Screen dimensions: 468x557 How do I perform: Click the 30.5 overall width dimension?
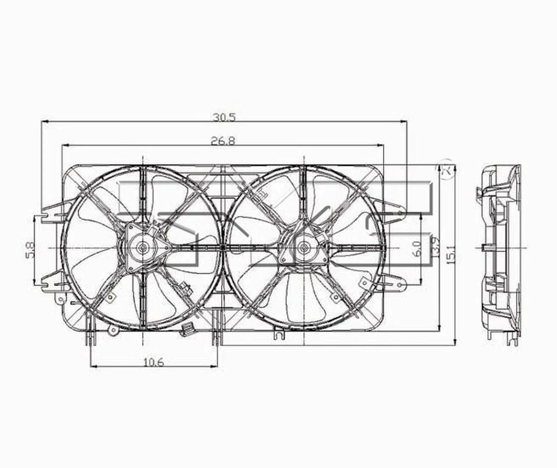coord(223,117)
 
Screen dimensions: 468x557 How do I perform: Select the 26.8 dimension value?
coord(223,141)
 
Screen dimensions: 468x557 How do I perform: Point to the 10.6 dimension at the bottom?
coord(153,362)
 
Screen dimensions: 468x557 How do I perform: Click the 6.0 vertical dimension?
coord(416,249)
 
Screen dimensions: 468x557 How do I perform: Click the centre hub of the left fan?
coord(142,248)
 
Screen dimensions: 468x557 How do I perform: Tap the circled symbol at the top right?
coord(446,168)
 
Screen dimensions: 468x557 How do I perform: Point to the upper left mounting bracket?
coord(57,209)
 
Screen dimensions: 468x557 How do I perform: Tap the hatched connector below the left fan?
coord(187,330)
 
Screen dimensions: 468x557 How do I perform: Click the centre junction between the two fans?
coord(223,248)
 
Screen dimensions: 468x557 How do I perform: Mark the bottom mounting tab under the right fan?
coord(279,334)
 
